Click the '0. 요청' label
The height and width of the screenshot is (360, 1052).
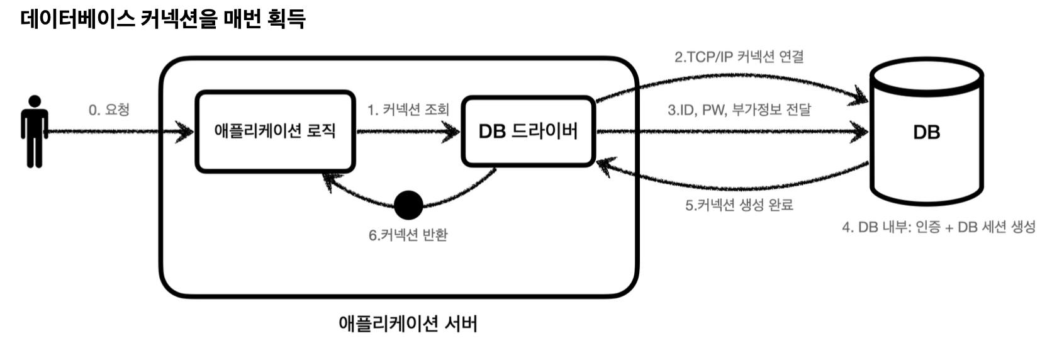pos(109,110)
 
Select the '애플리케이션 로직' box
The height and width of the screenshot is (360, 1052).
pos(275,131)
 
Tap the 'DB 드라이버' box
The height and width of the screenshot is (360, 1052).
pos(528,131)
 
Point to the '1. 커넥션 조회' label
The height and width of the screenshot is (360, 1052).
pos(408,110)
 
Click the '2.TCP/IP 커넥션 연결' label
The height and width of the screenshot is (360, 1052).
pos(739,57)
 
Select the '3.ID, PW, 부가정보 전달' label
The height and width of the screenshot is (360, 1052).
pos(739,110)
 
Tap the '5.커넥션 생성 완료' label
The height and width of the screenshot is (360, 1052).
pos(739,205)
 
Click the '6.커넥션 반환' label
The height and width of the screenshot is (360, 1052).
pos(408,235)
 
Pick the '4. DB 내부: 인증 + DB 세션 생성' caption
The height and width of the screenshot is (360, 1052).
pos(938,227)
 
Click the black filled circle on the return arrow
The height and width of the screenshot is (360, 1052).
pos(408,205)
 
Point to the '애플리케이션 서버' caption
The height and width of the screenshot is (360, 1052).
pos(408,323)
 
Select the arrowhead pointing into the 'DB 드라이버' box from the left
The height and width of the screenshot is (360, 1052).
pos(452,132)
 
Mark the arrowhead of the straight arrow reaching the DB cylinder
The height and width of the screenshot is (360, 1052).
pos(861,132)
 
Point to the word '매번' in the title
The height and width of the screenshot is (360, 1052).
pos(242,18)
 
